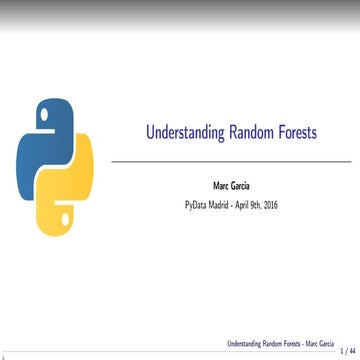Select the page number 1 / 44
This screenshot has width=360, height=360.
coord(346,350)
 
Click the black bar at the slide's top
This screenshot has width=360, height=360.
coord(180,3)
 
